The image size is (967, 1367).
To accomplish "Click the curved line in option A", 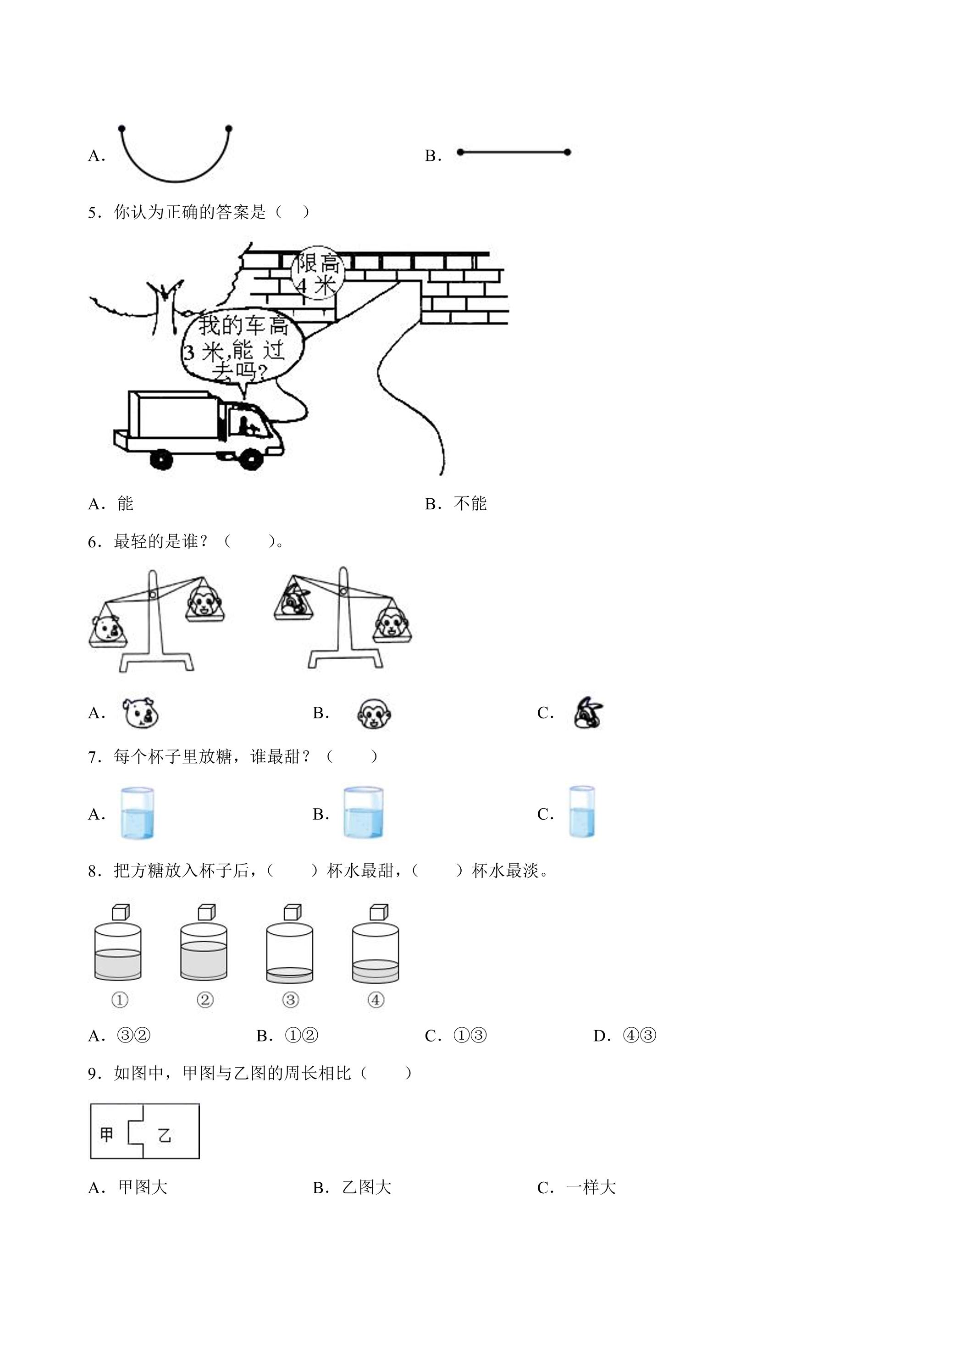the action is click(x=175, y=181).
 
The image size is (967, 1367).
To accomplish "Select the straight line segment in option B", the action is click(x=513, y=152).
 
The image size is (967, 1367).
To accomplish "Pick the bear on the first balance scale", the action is click(x=107, y=629).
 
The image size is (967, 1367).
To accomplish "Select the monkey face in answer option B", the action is click(x=375, y=713).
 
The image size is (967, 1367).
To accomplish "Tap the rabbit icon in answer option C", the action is click(x=588, y=713).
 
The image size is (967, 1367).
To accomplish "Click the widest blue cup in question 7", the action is click(x=363, y=813).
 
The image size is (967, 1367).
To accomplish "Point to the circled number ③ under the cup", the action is click(x=291, y=1000).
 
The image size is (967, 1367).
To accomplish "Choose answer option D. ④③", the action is click(x=625, y=1036).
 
